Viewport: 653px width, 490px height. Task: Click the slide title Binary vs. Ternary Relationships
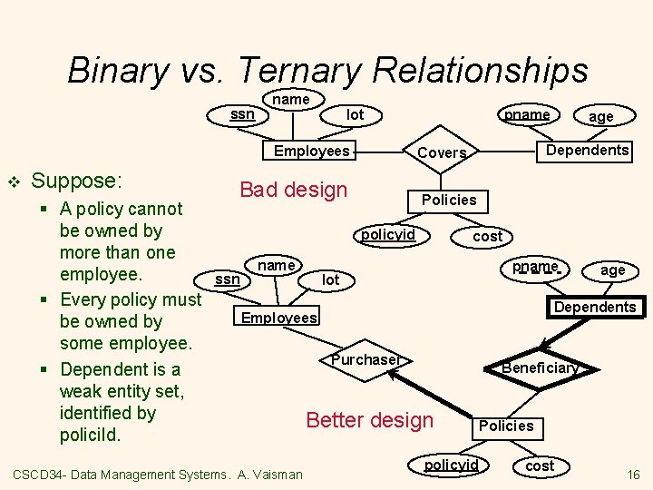pyautogui.click(x=327, y=69)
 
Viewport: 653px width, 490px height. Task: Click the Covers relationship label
pyautogui.click(x=442, y=152)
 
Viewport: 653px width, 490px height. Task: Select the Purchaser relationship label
pyautogui.click(x=365, y=359)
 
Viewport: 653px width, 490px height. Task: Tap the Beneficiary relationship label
pyautogui.click(x=540, y=367)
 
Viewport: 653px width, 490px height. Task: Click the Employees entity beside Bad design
pyautogui.click(x=311, y=151)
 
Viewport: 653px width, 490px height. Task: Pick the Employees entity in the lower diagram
pyautogui.click(x=279, y=317)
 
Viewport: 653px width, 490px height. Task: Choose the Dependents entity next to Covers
pyautogui.click(x=588, y=150)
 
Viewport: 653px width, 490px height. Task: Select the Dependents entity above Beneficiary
pyautogui.click(x=595, y=307)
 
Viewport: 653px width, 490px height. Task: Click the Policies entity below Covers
pyautogui.click(x=449, y=200)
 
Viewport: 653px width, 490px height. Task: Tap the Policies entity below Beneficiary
pyautogui.click(x=506, y=426)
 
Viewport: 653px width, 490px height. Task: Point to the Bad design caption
pyautogui.click(x=293, y=190)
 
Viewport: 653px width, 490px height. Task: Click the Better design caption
pyautogui.click(x=370, y=420)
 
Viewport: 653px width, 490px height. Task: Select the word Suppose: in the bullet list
pyautogui.click(x=77, y=180)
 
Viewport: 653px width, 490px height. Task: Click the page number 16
pyautogui.click(x=633, y=475)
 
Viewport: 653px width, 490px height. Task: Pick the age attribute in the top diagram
pyautogui.click(x=600, y=116)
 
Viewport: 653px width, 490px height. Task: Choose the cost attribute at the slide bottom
pyautogui.click(x=540, y=465)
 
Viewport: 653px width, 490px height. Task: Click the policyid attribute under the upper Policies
pyautogui.click(x=388, y=235)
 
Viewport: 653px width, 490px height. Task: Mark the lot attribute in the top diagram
pyautogui.click(x=356, y=114)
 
